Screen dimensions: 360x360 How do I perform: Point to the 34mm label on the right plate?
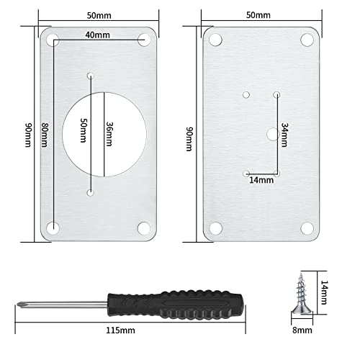click(285, 133)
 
